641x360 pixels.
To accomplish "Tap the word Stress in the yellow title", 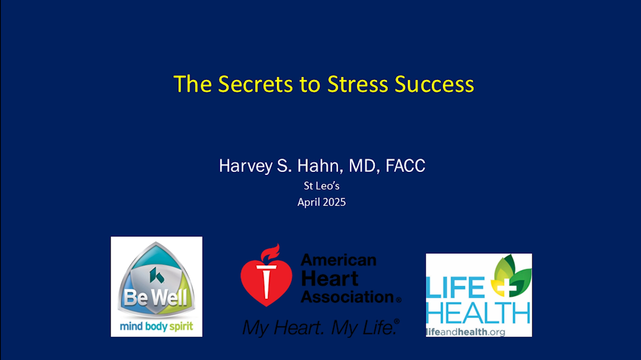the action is click(358, 84).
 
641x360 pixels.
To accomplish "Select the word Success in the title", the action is click(434, 84).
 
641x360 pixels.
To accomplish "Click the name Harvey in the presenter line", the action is click(245, 166).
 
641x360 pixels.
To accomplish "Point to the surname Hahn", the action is click(320, 166).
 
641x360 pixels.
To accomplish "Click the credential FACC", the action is click(405, 165).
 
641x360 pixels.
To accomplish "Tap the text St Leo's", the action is click(321, 186).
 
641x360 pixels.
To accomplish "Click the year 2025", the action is click(334, 202).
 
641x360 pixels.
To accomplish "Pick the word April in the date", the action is click(308, 203).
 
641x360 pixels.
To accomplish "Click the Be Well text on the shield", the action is click(156, 298).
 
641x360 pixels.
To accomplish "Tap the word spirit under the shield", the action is click(182, 327).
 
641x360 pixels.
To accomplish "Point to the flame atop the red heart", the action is click(270, 252).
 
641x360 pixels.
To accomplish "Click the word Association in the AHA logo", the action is click(347, 297).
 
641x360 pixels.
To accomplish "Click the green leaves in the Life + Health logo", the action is click(511, 275).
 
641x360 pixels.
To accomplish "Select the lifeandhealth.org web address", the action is click(465, 332).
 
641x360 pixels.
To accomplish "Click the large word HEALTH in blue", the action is click(478, 313).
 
